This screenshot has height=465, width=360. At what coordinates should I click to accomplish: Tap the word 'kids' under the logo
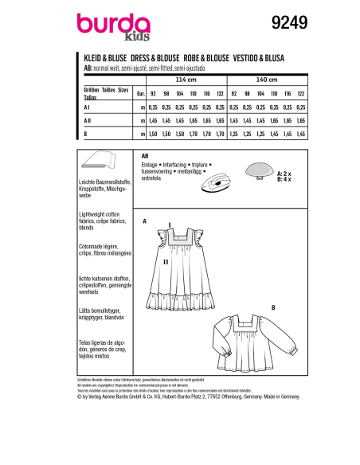click(138, 36)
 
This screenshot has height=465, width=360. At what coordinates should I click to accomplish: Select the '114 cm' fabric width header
click(179, 80)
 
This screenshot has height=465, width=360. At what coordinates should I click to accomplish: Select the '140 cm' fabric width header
click(267, 80)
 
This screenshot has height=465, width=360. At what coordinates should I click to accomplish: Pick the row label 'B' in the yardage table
click(85, 133)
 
